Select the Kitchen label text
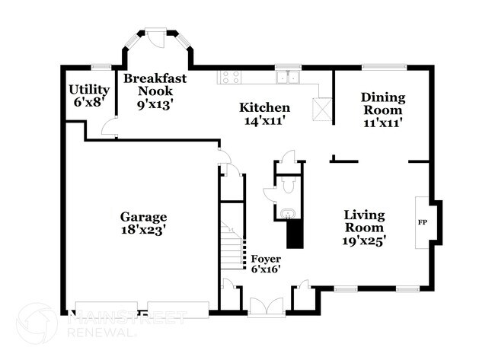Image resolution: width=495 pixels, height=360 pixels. [x=264, y=107]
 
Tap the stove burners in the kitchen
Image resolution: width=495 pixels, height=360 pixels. [x=231, y=76]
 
